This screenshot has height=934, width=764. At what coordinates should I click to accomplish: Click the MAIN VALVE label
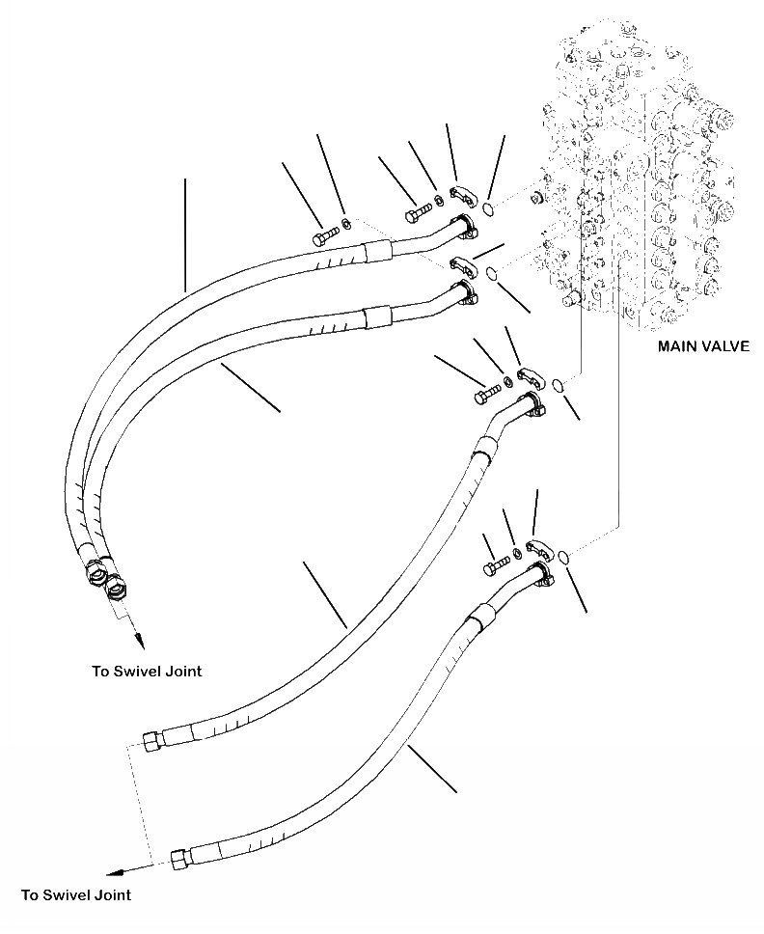click(x=702, y=345)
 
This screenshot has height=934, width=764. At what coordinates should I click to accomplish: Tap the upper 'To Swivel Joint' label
click(x=147, y=672)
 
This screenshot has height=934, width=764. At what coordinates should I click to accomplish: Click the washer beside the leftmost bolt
click(x=347, y=226)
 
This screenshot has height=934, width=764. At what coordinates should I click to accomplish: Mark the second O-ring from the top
click(x=492, y=273)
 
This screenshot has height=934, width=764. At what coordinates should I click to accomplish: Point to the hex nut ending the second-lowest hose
click(x=151, y=741)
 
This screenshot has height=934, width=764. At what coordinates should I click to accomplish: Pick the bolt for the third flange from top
click(x=487, y=393)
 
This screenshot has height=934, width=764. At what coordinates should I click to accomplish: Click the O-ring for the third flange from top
click(x=556, y=387)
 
